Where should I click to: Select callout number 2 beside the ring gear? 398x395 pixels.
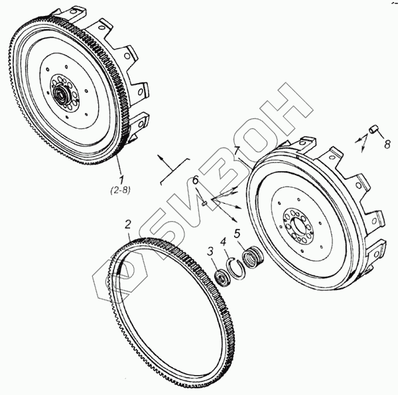pyautogui.click(x=129, y=224)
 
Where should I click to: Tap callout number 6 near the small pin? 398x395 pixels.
pyautogui.click(x=196, y=181)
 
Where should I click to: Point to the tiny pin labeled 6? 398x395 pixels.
pyautogui.click(x=206, y=203)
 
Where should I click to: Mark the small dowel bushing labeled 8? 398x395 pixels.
pyautogui.click(x=373, y=129)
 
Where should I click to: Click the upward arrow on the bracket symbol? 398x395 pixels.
pyautogui.click(x=160, y=157)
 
